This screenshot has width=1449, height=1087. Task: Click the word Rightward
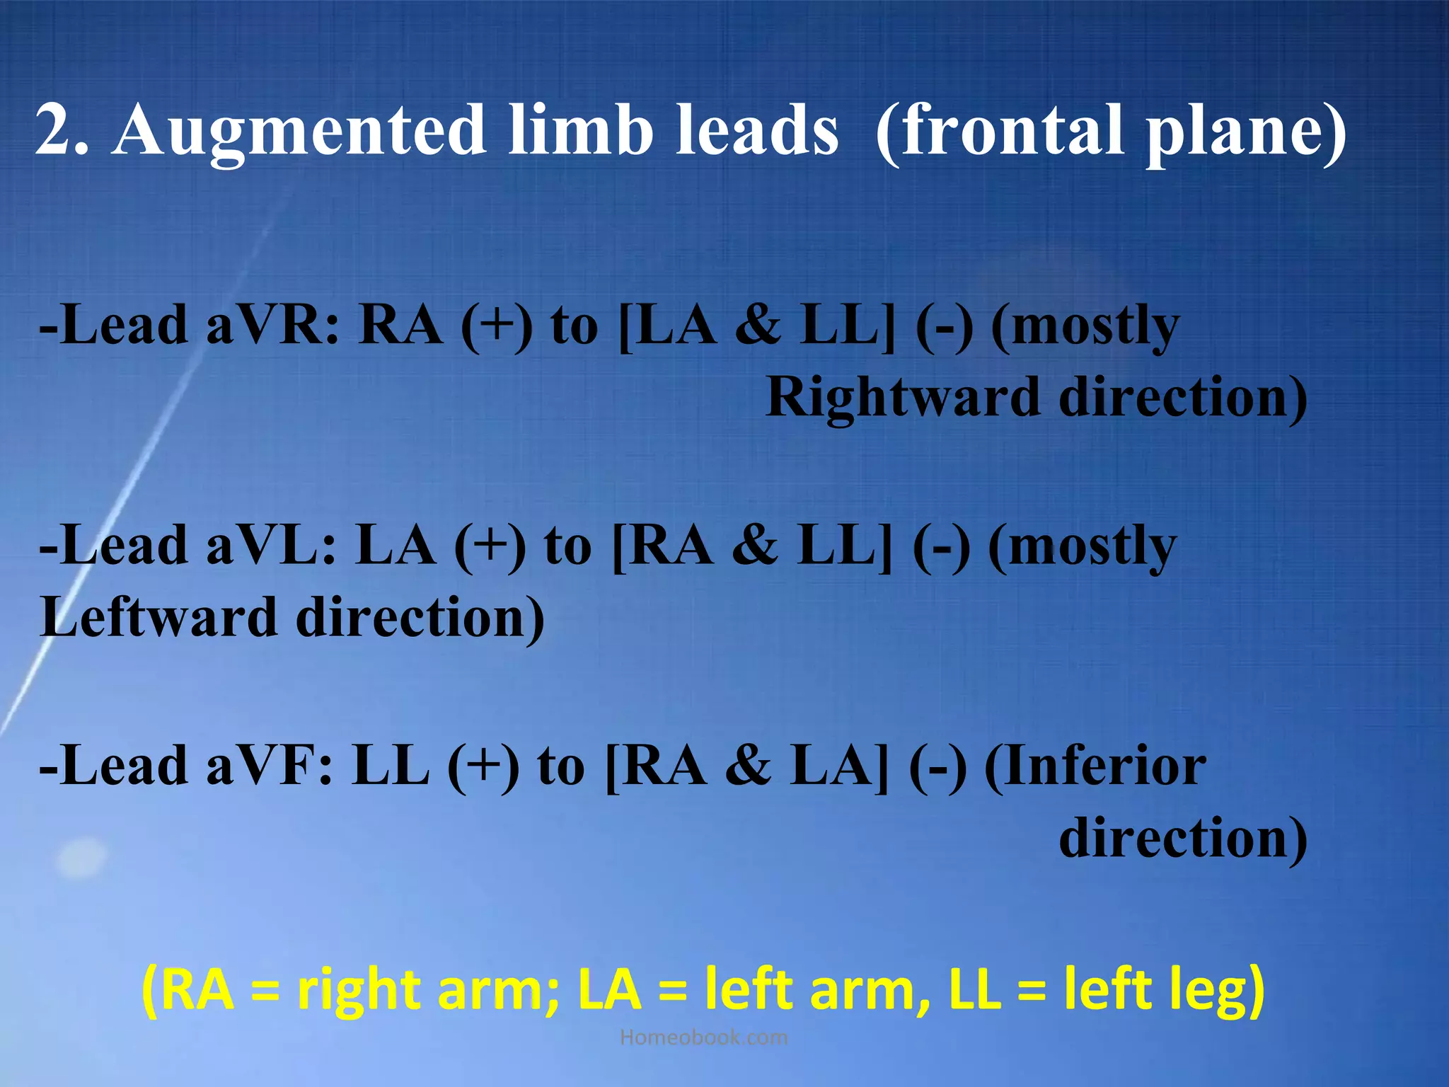pos(902,398)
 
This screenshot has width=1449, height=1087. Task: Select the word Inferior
pos(1104,766)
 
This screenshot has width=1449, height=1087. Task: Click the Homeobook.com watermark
pos(703,1037)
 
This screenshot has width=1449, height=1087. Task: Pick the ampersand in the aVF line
pos(748,766)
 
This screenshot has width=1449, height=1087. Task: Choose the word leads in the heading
pos(756,131)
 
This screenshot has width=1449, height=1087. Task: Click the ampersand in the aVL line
pos(754,546)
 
